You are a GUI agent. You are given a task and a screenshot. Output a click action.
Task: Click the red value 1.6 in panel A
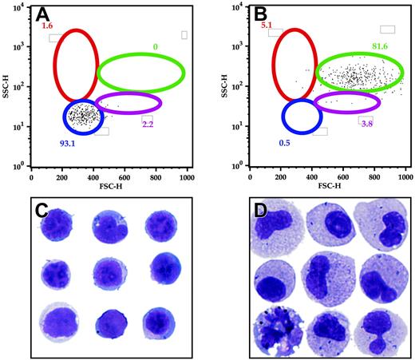[47, 26]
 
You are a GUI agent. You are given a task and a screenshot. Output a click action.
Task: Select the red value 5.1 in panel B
[267, 26]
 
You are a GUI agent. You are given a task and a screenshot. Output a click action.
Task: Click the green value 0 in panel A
[155, 47]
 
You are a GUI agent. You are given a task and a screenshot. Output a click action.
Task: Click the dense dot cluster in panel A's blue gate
[83, 116]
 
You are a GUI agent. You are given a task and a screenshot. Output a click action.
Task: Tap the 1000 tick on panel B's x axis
[406, 176]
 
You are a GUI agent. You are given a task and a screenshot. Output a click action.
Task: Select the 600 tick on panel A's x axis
[125, 176]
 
